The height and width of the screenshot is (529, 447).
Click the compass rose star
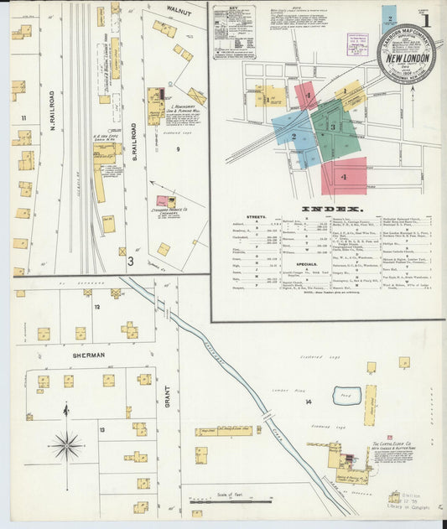66,445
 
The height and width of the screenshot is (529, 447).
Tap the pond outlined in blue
346,396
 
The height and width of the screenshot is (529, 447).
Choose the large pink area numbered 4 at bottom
344,177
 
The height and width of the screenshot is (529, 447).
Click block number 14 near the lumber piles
309,403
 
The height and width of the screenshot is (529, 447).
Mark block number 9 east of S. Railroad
179,148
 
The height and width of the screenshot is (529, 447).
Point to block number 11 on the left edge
24,117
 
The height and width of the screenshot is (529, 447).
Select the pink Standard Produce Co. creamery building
162,201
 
